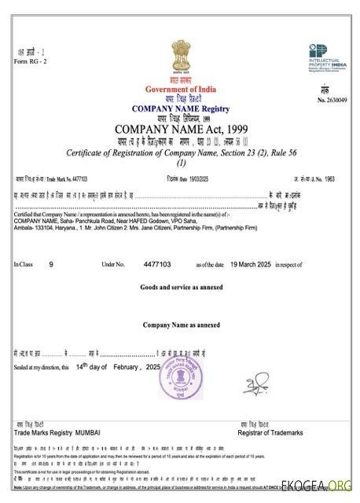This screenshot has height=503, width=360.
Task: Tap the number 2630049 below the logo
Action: point(332,101)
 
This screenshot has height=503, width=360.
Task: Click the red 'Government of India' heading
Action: point(180,90)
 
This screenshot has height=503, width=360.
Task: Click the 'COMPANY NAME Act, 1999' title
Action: point(180,129)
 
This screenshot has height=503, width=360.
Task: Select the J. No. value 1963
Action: point(339,180)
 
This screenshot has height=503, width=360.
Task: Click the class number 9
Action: point(51,265)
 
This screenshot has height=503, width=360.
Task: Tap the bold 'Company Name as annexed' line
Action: point(181,325)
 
